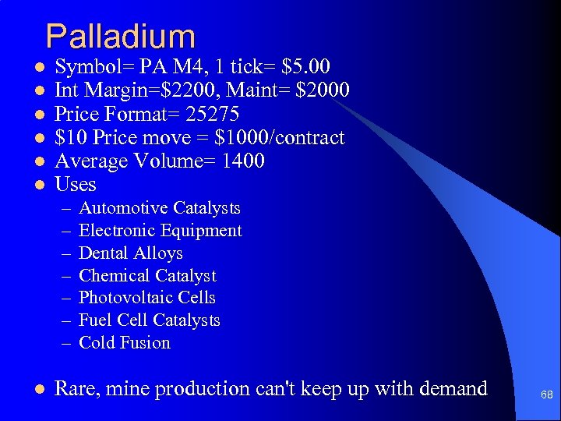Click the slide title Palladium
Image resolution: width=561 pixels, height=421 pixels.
(120, 37)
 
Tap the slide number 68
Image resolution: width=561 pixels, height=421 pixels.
(547, 395)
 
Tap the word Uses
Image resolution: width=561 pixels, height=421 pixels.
(76, 185)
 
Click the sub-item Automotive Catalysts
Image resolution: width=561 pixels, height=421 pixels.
(160, 208)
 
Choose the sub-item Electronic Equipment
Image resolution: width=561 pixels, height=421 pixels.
(161, 231)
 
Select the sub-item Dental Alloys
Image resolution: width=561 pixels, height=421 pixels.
(131, 253)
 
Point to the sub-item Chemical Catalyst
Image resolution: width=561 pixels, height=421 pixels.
(147, 276)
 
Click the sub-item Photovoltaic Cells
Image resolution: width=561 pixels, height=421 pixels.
(147, 298)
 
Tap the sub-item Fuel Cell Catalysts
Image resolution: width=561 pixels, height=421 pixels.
(150, 320)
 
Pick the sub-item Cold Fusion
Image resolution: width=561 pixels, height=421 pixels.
(125, 343)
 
